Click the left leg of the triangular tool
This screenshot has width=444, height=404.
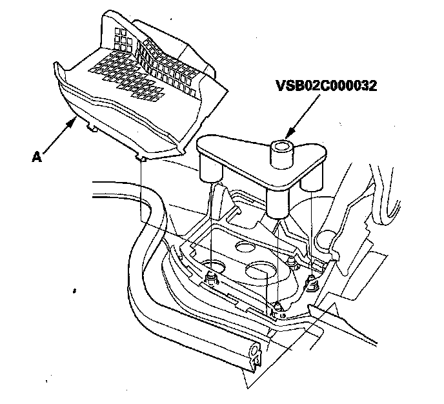[210, 169]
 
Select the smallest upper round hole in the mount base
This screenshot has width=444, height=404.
[244, 245]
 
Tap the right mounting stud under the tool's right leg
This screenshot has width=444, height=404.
[312, 282]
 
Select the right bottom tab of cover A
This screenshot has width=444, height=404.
[141, 157]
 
